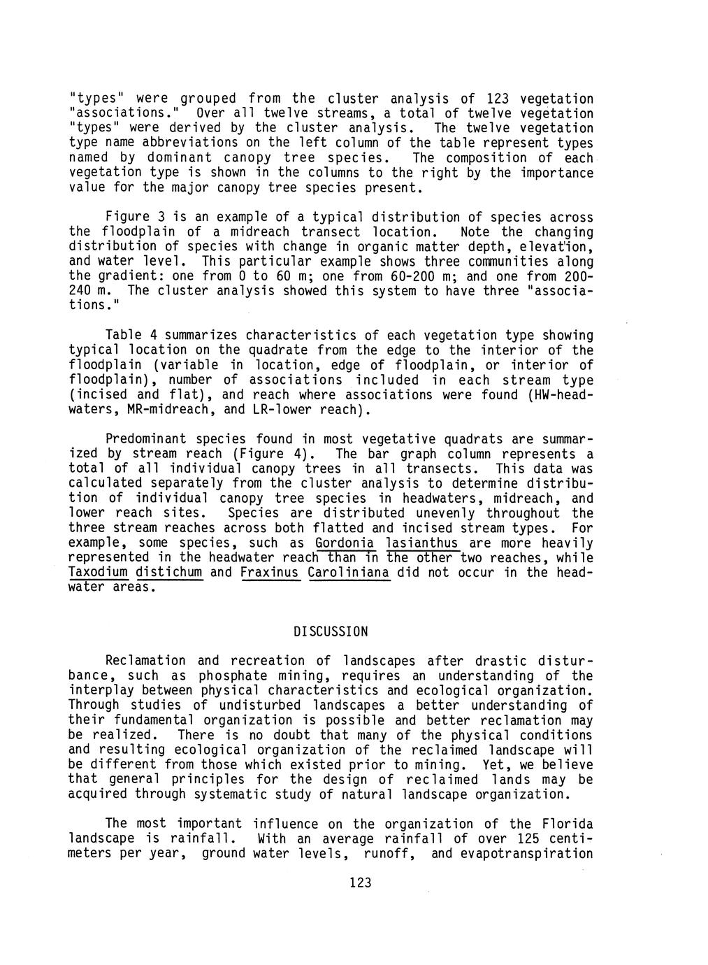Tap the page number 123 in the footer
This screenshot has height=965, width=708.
pyautogui.click(x=360, y=882)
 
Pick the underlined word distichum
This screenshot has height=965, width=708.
pyautogui.click(x=169, y=572)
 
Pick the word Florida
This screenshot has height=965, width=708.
pyautogui.click(x=567, y=824)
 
